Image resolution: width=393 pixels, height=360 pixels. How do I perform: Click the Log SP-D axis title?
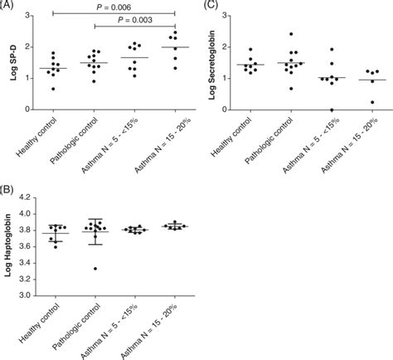(11, 62)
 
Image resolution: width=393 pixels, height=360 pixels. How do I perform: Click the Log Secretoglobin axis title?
(218, 62)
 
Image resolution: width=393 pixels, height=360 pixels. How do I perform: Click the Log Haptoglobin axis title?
(11, 246)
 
